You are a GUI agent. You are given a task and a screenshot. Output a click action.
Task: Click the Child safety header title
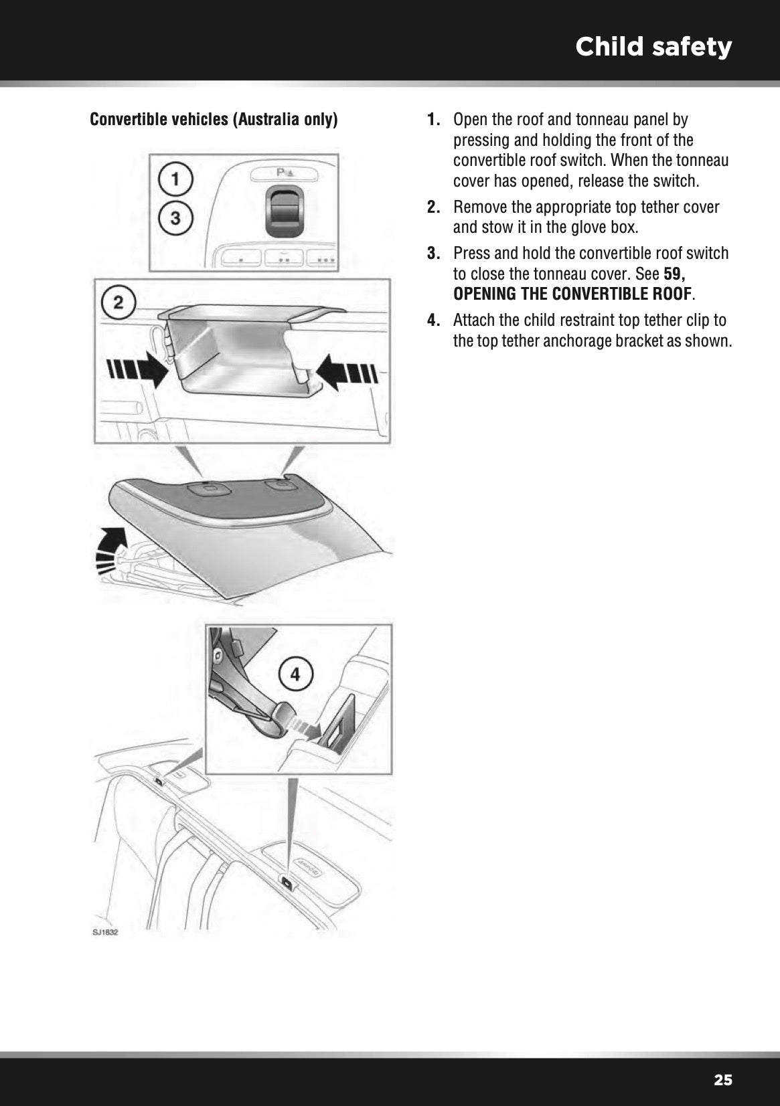coord(653,47)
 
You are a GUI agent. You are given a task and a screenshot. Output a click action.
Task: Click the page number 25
coord(723,1080)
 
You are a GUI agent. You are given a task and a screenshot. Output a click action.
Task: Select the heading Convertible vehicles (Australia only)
coord(214,120)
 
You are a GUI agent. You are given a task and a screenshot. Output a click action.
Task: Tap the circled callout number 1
coord(175,179)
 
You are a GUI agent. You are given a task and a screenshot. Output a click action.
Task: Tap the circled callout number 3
coord(175,217)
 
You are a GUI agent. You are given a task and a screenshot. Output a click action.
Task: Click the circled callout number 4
coord(295,675)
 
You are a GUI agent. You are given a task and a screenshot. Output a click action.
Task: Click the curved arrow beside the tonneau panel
coord(112,545)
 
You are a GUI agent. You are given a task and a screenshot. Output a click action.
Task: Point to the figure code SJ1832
coord(105,932)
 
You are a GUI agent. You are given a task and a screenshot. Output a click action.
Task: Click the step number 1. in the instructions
coord(434,120)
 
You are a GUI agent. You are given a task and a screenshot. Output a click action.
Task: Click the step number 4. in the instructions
coord(434,320)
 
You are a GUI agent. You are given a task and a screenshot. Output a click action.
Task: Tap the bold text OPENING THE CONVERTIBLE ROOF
coord(572,294)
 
